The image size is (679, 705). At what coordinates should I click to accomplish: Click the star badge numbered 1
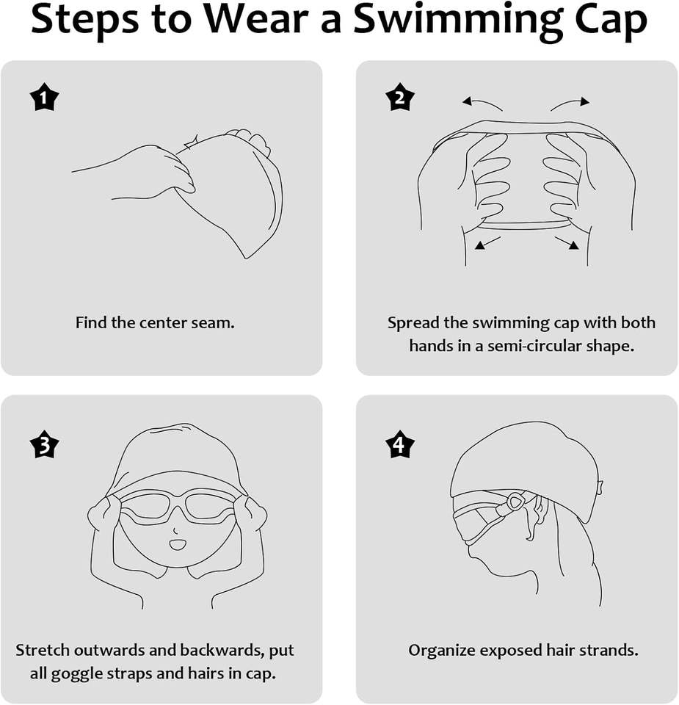click(44, 97)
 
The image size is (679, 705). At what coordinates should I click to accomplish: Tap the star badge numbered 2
click(400, 97)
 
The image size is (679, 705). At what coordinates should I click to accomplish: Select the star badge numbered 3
click(44, 445)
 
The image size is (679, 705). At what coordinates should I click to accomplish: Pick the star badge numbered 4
click(400, 445)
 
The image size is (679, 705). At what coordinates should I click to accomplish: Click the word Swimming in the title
click(457, 21)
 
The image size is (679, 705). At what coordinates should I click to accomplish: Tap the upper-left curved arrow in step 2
click(482, 103)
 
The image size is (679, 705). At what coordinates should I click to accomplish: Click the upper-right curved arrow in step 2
click(570, 103)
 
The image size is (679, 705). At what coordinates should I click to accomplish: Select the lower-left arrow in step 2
click(487, 243)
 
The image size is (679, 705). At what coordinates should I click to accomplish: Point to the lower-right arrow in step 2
click(566, 243)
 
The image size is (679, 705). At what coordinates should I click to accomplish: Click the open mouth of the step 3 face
click(178, 545)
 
